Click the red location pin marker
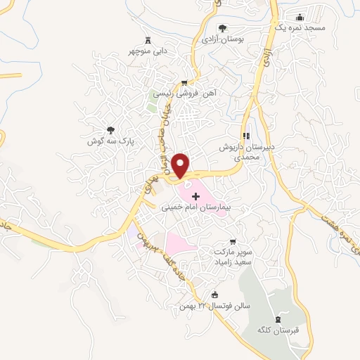181,165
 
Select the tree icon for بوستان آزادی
222,29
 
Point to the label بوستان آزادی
222,41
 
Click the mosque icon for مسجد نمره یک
300,18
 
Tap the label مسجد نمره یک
300,27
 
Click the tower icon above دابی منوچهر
148,39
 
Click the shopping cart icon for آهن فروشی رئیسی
184,82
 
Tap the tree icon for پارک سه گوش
110,129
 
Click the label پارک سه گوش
116,141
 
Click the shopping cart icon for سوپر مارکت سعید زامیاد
233,240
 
